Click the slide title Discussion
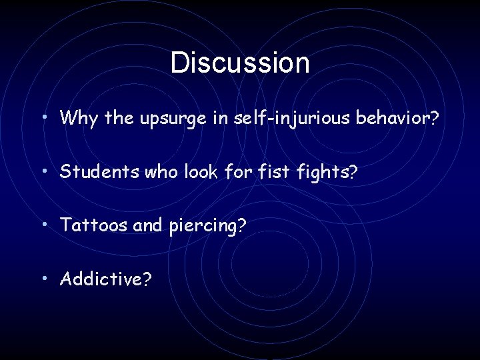pos(240,63)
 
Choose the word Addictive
pos(100,278)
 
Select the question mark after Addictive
pos(147,278)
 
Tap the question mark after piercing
pos(241,225)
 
